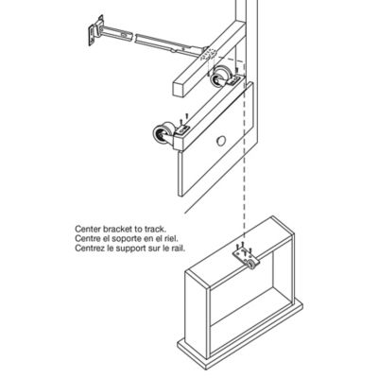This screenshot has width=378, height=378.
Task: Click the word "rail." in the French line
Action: click(x=173, y=250)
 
